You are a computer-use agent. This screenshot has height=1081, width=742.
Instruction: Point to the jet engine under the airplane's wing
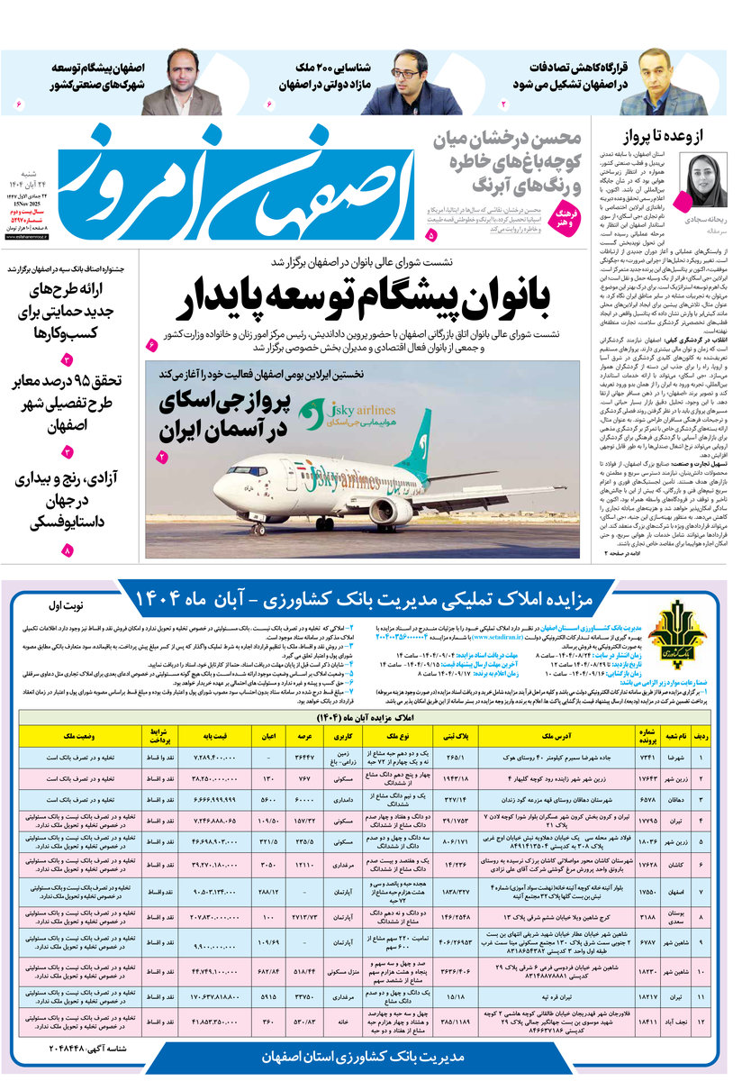pyautogui.click(x=390, y=512)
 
